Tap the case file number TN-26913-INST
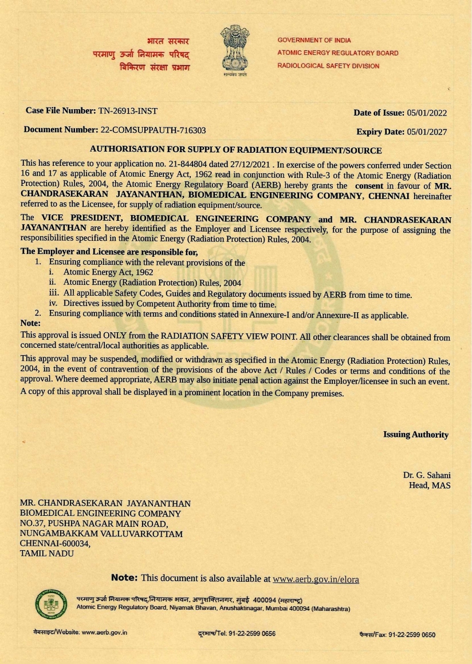click(128, 110)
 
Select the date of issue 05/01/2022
click(427, 113)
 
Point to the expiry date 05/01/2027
click(427, 132)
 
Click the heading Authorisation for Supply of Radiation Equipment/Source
click(235, 150)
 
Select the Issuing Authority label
click(416, 435)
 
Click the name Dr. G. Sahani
click(427, 475)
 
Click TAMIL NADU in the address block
click(47, 554)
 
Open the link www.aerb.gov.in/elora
click(316, 579)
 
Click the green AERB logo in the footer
click(47, 603)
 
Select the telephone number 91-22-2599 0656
click(252, 634)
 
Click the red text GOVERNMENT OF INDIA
click(314, 41)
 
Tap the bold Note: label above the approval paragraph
click(30, 323)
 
